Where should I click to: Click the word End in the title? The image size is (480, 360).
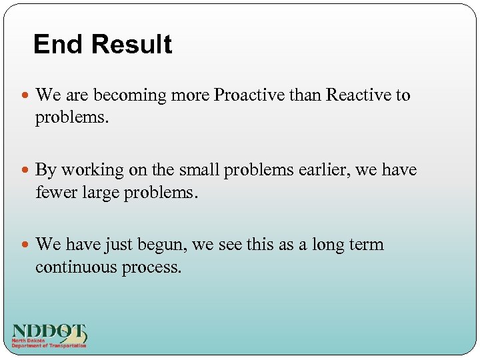pyautogui.click(x=58, y=45)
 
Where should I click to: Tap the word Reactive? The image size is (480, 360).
pyautogui.click(x=359, y=95)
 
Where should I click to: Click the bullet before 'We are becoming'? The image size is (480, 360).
pyautogui.click(x=25, y=96)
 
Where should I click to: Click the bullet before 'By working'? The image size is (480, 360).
pyautogui.click(x=25, y=171)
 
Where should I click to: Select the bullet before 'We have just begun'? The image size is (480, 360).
pyautogui.click(x=25, y=245)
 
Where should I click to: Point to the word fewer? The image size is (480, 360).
pyautogui.click(x=56, y=193)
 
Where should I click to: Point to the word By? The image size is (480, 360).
pyautogui.click(x=46, y=171)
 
